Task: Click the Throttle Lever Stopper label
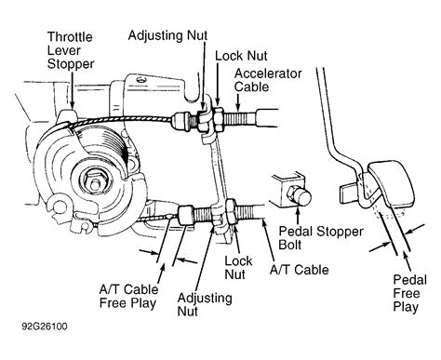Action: click(x=71, y=50)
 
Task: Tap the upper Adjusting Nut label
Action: click(x=167, y=35)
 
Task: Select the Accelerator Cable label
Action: click(x=268, y=80)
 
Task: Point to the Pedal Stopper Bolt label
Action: click(x=321, y=238)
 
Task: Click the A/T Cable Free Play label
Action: click(x=128, y=297)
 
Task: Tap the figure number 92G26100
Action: click(x=45, y=327)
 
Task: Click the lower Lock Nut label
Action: click(x=238, y=268)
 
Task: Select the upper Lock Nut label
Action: click(x=241, y=56)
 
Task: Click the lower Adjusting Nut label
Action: click(x=205, y=304)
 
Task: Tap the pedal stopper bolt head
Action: click(x=300, y=196)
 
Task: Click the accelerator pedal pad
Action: click(x=392, y=183)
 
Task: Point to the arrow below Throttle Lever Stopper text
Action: click(x=72, y=90)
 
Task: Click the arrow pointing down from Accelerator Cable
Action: click(x=238, y=102)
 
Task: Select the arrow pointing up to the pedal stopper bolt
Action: click(x=298, y=216)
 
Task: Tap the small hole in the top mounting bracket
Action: click(x=141, y=80)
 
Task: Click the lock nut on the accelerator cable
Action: click(x=218, y=120)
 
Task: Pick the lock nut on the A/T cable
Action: click(x=232, y=212)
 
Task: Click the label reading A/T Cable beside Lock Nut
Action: click(x=299, y=270)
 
